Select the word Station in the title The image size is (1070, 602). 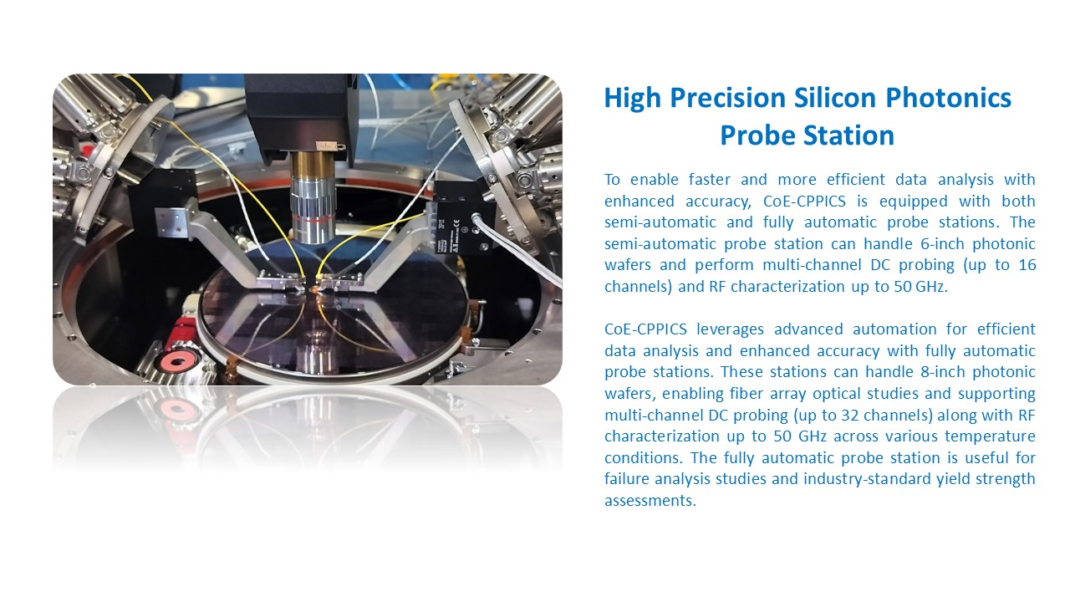click(x=848, y=135)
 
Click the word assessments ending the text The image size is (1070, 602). click(x=650, y=501)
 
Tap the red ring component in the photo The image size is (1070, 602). click(x=181, y=360)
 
